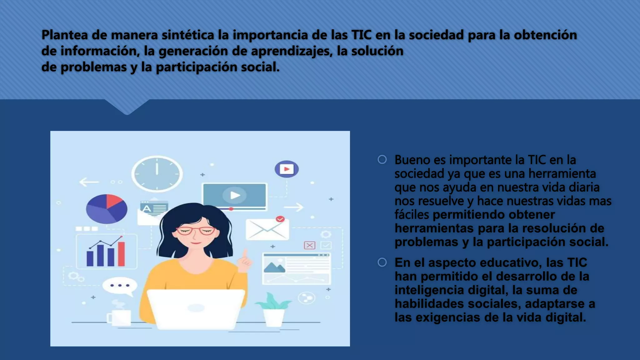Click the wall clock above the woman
click(x=157, y=174)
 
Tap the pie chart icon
click(x=107, y=209)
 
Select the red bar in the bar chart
click(x=121, y=254)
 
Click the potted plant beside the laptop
click(x=274, y=311)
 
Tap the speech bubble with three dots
click(x=120, y=286)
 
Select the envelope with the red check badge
click(x=267, y=229)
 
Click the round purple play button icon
click(x=287, y=169)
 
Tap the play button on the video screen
click(x=235, y=195)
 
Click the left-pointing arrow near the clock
click(x=89, y=182)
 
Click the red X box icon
click(x=310, y=245)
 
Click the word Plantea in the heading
click(x=65, y=35)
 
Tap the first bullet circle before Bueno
click(x=382, y=160)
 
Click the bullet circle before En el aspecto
click(x=382, y=262)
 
